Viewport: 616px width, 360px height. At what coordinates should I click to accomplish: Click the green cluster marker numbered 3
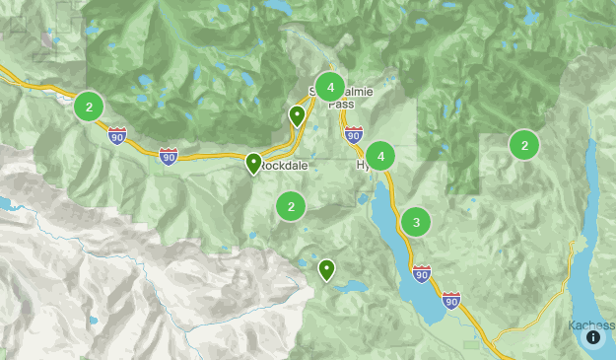pos(416,222)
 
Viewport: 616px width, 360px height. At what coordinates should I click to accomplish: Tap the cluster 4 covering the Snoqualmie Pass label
pos(330,86)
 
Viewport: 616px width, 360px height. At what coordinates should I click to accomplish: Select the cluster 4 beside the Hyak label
pos(379,156)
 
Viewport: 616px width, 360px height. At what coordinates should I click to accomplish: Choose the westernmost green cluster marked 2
pos(90,107)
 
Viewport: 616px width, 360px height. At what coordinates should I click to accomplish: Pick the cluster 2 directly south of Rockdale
pos(291,206)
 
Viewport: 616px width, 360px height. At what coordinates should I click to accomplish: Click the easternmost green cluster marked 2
pos(524,145)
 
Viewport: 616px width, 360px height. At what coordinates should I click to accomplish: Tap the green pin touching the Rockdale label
pos(253,163)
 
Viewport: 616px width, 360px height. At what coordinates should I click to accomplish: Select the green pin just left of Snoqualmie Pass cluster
pos(297,115)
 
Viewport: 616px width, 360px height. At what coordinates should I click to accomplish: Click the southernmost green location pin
pos(326,268)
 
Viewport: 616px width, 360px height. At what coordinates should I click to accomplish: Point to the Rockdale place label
pos(286,166)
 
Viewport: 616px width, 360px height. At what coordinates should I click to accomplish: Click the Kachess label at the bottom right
pos(591,325)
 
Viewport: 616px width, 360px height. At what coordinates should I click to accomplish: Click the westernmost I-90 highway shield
pos(117,135)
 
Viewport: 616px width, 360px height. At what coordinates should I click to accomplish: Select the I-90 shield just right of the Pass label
pos(354,134)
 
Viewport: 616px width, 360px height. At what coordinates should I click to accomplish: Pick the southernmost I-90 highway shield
pos(450,299)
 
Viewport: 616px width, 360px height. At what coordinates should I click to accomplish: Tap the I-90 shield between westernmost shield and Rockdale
pos(169,156)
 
